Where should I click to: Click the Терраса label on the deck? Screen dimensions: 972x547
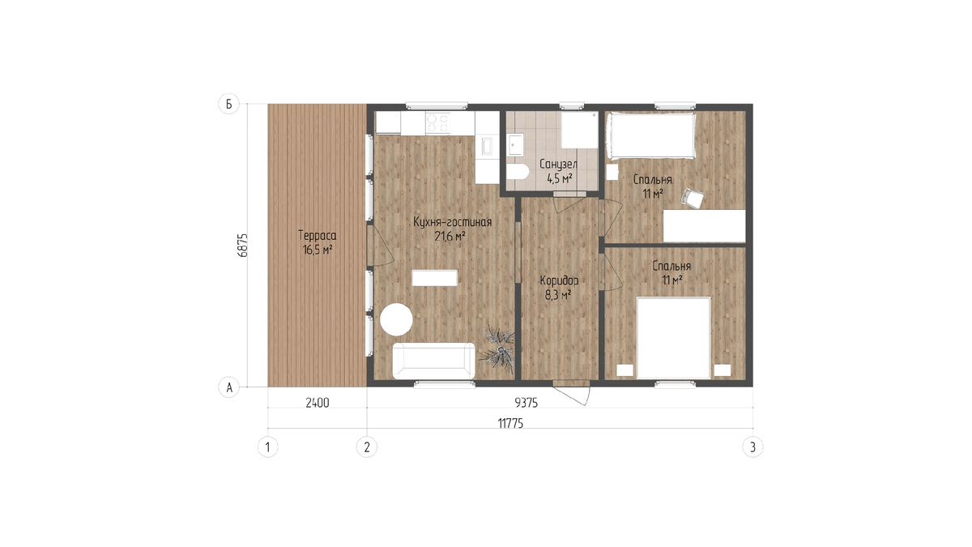coord(318,236)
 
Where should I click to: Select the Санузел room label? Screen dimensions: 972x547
coord(558,164)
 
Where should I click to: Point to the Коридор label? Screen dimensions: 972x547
coord(559,281)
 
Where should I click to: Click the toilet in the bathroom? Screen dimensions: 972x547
coord(518,172)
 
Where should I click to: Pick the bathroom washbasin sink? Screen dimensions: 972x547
coord(515,144)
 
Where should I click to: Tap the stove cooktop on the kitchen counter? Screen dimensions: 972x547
coord(438,123)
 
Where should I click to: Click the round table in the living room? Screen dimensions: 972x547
coord(396,319)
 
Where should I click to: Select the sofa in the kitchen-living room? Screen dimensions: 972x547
coord(434,361)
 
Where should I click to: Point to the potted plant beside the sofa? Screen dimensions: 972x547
coord(497,348)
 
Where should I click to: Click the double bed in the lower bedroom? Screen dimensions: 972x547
coord(673,338)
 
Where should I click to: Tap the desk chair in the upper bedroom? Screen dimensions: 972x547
coord(693,199)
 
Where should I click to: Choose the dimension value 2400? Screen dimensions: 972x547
coord(318,403)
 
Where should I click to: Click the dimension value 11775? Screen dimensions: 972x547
coord(510,423)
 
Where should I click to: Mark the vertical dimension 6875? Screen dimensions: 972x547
coord(243,246)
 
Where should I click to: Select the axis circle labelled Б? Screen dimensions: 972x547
coord(228,105)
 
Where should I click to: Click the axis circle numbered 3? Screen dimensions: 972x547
coord(752,447)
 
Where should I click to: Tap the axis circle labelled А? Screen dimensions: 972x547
coord(228,387)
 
